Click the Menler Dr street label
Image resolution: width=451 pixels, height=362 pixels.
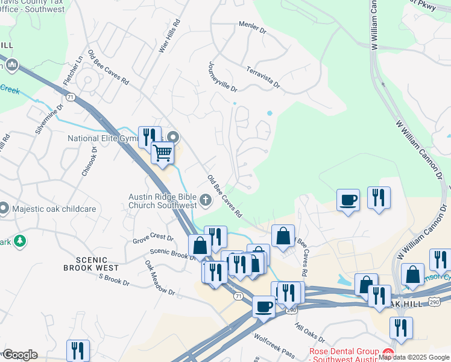pos(253,28)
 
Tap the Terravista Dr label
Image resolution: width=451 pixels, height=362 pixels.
pos(263,77)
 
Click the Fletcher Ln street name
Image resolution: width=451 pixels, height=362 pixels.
pos(72,71)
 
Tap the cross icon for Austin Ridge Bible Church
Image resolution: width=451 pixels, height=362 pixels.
pos(205,199)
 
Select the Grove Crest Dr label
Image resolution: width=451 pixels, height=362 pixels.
pos(153,240)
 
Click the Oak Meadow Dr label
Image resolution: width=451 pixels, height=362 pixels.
pos(160,278)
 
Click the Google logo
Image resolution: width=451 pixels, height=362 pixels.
pos(19,355)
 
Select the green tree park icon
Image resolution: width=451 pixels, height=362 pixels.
pos(20,241)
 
